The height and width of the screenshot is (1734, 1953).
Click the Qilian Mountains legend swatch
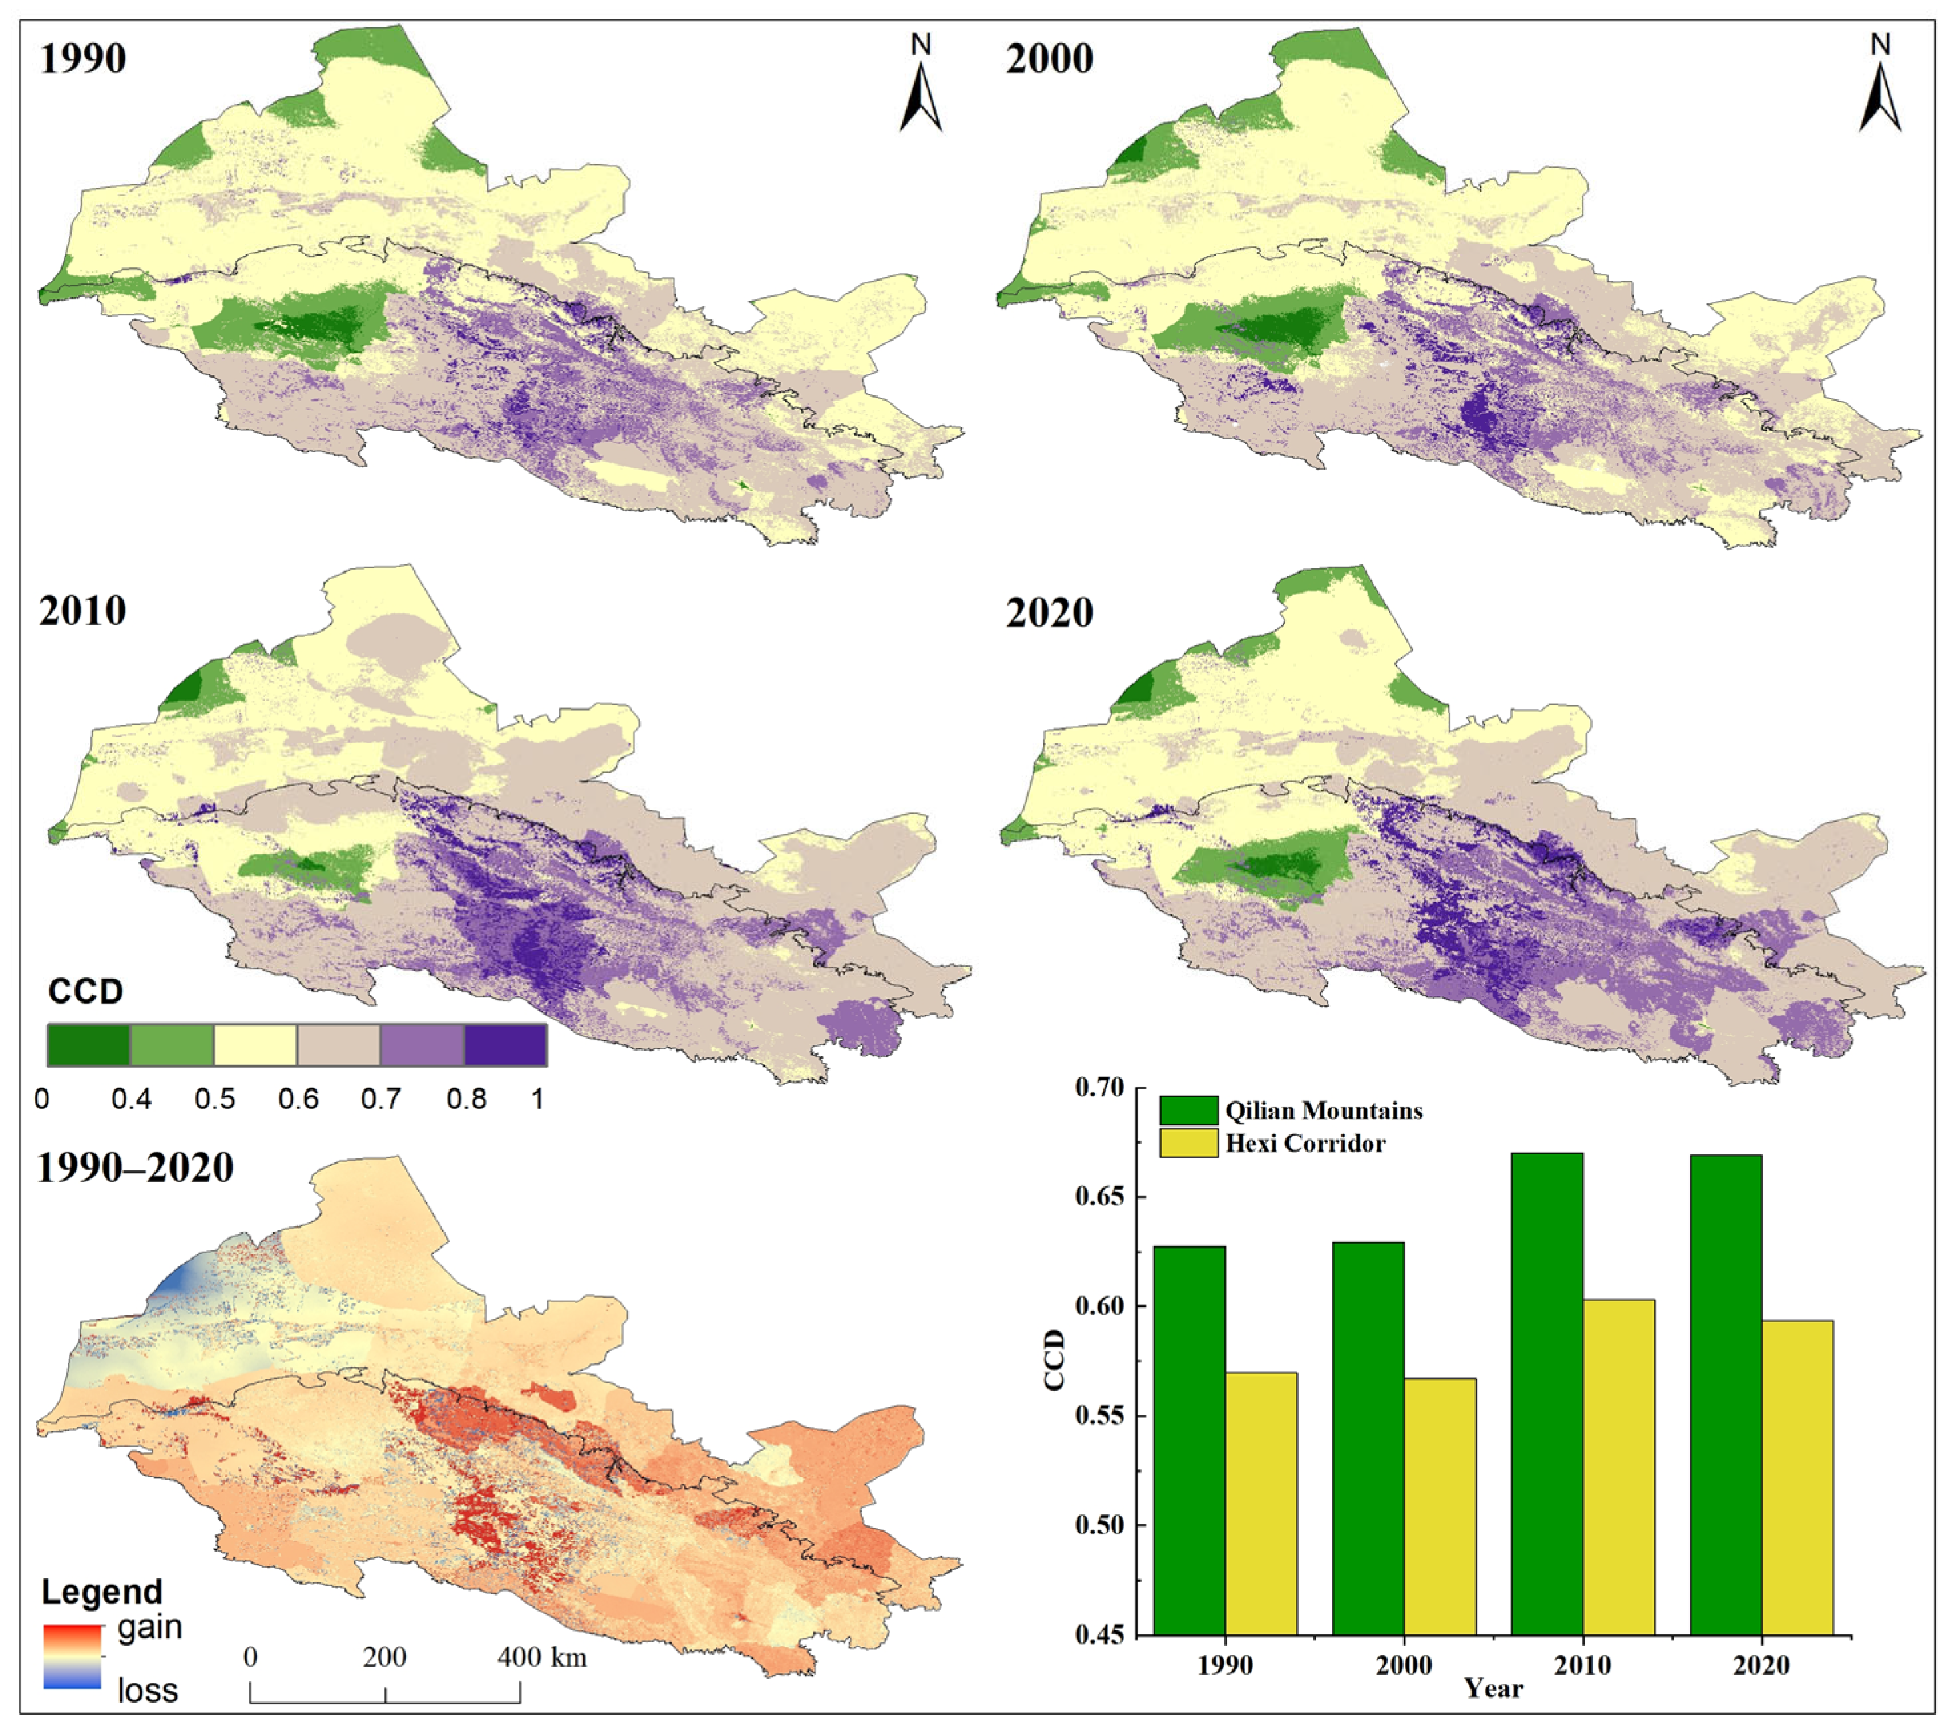click(1188, 1110)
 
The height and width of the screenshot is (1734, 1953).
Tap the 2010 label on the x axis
click(1581, 1665)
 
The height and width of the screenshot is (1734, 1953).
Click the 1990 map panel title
click(82, 59)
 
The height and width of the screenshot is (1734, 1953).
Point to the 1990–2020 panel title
click(135, 1168)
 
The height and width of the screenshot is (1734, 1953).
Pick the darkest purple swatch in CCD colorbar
click(505, 1045)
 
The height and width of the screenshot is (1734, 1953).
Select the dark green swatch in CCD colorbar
click(88, 1045)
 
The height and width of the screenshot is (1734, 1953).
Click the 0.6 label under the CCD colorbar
click(298, 1099)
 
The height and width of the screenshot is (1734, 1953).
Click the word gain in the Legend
click(149, 1627)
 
